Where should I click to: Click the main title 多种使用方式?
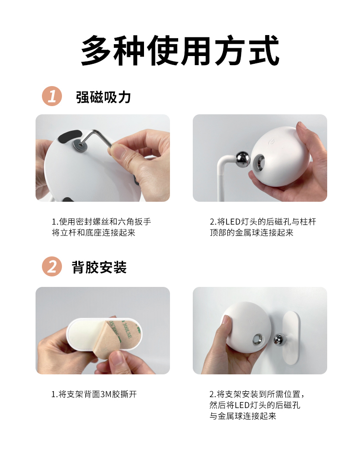[180, 51]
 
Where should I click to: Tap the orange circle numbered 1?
[52, 96]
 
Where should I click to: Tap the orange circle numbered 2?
[52, 266]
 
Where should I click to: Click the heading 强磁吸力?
[103, 97]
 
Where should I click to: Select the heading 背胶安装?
[99, 267]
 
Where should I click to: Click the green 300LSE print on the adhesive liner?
[127, 330]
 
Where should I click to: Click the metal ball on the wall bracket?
[279, 340]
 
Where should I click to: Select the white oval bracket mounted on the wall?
[291, 337]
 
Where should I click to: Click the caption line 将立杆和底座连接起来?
[93, 233]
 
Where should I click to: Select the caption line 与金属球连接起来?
[243, 416]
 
